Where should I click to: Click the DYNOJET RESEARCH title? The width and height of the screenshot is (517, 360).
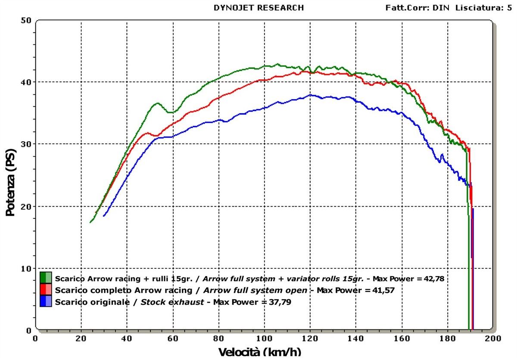point(258,8)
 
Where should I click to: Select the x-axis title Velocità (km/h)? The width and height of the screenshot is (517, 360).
point(260,352)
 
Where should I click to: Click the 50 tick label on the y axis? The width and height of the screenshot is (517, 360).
point(26,20)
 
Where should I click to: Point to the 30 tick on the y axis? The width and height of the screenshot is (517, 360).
point(26,144)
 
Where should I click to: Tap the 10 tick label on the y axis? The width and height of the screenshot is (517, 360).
point(26,268)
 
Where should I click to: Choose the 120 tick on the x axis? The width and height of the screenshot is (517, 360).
point(310,338)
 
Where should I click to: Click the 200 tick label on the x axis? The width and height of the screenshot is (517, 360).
point(493,338)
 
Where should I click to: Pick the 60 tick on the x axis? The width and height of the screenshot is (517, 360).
point(173,338)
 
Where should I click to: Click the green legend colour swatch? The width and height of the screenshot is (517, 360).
point(46,277)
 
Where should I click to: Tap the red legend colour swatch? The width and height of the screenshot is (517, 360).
point(46,289)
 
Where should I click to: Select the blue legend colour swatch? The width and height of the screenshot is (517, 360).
point(46,301)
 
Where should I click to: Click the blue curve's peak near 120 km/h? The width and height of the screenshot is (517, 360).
point(310,95)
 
